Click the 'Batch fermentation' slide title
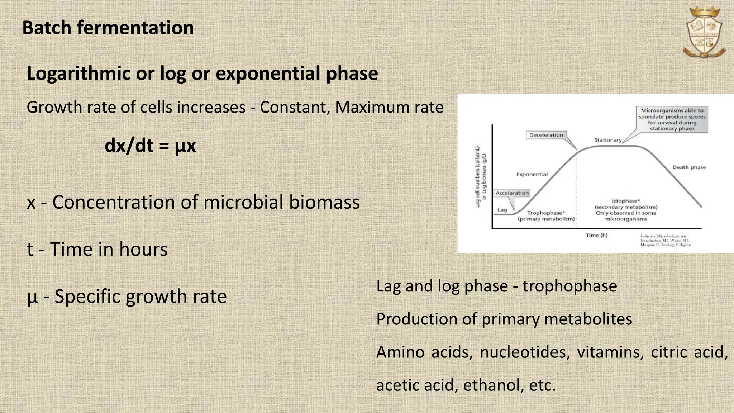tap(108, 28)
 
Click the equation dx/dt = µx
tap(150, 146)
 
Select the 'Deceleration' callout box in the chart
tap(546, 135)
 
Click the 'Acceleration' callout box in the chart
tap(512, 193)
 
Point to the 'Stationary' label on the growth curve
tap(607, 140)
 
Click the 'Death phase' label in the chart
tap(688, 167)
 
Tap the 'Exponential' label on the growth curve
tap(532, 175)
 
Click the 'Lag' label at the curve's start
tap(502, 210)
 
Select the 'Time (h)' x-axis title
tap(596, 236)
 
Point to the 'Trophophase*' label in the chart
tap(546, 213)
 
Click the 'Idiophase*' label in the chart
tap(626, 201)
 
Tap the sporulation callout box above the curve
tap(672, 119)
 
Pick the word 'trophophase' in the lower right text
tap(569, 286)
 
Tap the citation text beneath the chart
tap(665, 241)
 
